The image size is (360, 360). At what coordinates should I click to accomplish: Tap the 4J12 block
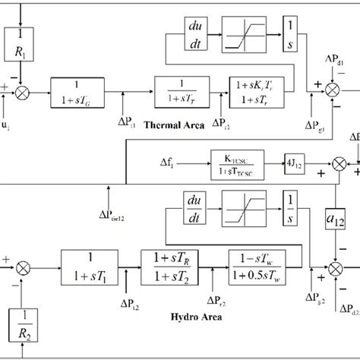[293, 161]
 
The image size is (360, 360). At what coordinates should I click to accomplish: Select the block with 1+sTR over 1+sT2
[174, 267]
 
